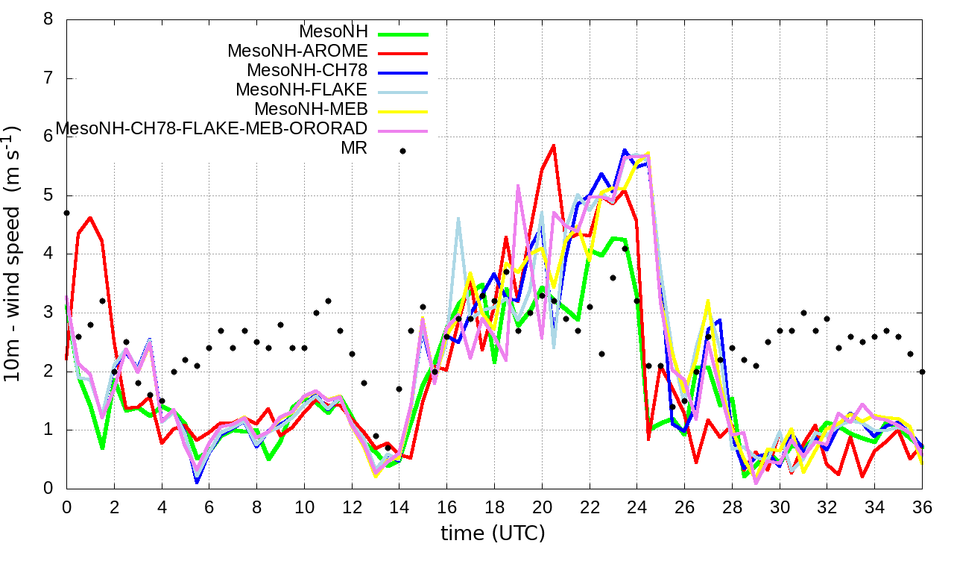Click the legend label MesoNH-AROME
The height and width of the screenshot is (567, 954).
point(297,51)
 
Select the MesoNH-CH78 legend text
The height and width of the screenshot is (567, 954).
point(307,71)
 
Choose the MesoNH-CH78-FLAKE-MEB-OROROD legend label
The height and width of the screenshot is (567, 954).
point(212,129)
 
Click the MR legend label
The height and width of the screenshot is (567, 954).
point(354,148)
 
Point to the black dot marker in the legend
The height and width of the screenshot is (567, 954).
point(402,151)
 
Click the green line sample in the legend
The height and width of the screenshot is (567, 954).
point(402,34)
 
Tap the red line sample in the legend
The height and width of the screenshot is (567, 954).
point(402,53)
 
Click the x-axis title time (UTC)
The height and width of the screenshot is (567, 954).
point(493,534)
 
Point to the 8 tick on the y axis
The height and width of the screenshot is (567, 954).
point(48,19)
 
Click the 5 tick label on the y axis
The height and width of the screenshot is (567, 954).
point(48,195)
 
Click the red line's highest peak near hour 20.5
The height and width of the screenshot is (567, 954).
point(554,145)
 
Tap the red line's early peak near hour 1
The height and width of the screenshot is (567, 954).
point(90,218)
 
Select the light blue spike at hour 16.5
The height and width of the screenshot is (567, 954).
point(458,218)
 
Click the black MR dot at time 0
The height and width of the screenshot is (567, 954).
point(66,213)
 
